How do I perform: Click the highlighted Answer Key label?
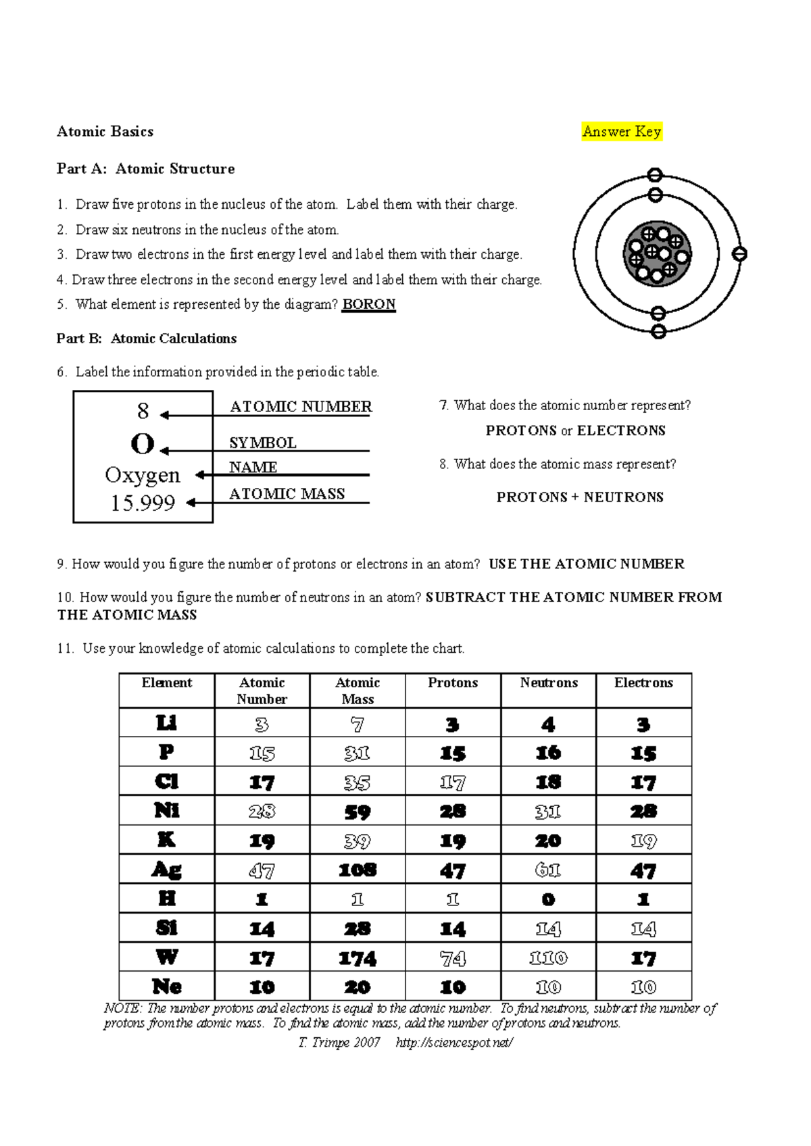click(622, 132)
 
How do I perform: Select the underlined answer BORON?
click(368, 304)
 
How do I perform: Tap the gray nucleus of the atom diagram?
click(657, 253)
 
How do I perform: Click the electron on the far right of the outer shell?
click(739, 254)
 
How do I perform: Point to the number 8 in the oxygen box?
click(143, 411)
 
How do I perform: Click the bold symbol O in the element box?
click(143, 445)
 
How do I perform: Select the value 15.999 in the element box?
click(143, 503)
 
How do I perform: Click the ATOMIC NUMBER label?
click(301, 407)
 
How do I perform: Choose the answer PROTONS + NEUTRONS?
click(580, 497)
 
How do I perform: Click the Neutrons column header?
click(549, 683)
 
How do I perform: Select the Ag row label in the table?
click(166, 870)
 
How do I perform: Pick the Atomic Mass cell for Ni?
click(357, 812)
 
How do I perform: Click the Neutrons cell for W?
click(548, 958)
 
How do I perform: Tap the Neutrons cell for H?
click(548, 899)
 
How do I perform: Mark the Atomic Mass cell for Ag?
click(357, 870)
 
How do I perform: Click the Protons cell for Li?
click(453, 725)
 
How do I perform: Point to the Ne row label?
click(166, 987)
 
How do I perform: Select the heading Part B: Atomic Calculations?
click(147, 339)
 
